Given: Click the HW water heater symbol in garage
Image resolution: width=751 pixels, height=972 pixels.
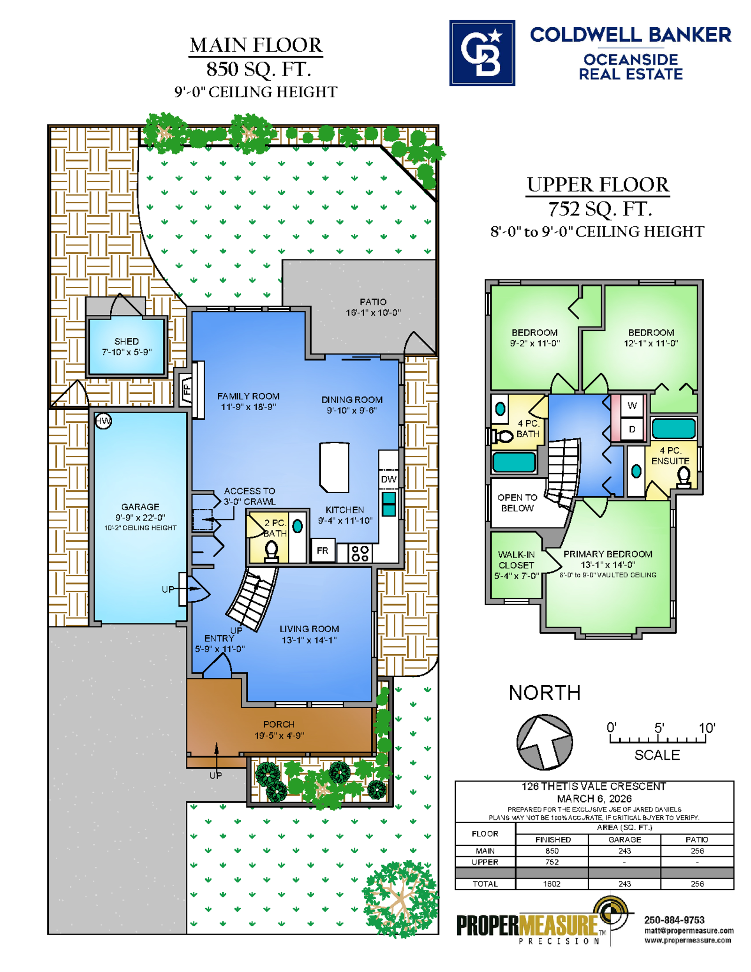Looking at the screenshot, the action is pos(103,421).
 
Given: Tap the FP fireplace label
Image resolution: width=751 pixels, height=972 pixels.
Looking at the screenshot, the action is pos(187,389).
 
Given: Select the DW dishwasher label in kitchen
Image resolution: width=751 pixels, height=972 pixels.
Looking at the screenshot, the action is pos(389,479).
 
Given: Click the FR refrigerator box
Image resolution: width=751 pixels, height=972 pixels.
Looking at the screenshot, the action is pos(323,550).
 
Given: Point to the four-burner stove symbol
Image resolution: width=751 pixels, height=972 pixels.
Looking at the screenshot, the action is pos(360,553).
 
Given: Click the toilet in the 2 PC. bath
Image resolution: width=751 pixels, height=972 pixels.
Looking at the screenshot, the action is pos(271,551).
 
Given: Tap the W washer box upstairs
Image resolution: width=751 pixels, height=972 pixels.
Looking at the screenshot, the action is pos(632,406).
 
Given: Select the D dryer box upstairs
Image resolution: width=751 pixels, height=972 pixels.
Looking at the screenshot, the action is pos(632,429).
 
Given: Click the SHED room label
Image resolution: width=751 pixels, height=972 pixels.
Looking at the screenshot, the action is pos(127,341).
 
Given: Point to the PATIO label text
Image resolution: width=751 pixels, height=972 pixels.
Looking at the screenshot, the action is pos(373,302).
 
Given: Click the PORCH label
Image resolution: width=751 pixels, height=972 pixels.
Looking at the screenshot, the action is pos(279,724).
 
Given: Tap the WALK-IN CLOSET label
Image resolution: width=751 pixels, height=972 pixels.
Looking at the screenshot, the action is pos(516,559).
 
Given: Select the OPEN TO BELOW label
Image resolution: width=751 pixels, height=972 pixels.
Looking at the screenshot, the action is pos(517,503).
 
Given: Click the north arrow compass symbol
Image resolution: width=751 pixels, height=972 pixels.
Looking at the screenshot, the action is pos(544,742).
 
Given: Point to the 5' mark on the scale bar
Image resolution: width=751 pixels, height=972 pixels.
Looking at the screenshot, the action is pos(659,728).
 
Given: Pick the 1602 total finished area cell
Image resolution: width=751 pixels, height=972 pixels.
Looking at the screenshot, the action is pos(552,884).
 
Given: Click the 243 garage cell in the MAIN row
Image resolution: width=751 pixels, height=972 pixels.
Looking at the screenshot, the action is pos(624,851).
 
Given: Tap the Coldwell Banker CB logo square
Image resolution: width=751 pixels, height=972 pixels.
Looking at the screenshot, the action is pos(482,53).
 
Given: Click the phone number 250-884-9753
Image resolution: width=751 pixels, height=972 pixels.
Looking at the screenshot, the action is pos(674,920).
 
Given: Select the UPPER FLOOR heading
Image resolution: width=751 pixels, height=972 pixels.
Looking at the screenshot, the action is pos(598,184).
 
